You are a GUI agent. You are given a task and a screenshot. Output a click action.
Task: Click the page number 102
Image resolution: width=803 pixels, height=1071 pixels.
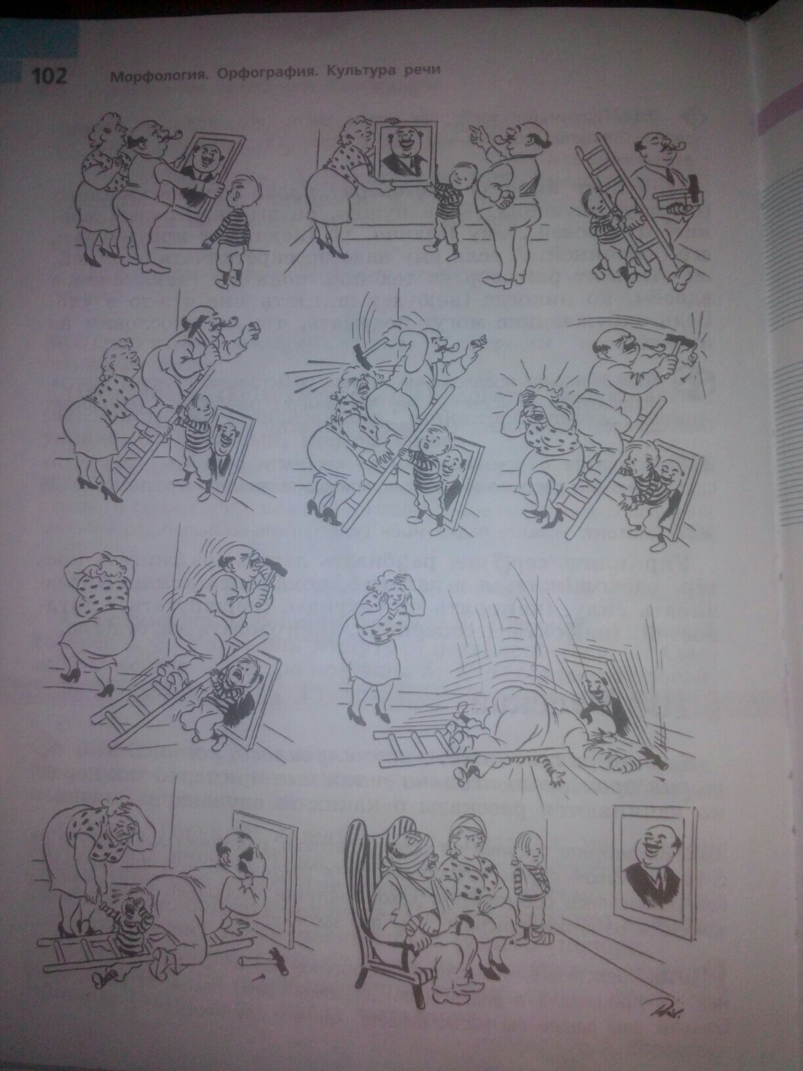tap(49, 77)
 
